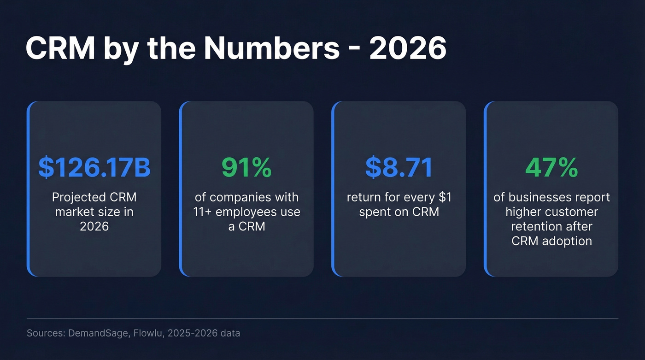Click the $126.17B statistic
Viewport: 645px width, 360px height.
[x=94, y=167]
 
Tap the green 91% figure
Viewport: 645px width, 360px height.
[x=246, y=167]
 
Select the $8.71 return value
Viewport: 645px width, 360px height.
[x=399, y=167]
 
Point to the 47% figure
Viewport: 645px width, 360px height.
[x=551, y=167]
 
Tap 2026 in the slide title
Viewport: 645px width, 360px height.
[x=408, y=48]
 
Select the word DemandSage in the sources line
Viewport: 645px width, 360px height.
[x=99, y=333]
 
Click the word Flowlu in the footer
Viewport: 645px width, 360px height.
[x=147, y=333]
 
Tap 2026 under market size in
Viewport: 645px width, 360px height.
[x=94, y=226]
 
